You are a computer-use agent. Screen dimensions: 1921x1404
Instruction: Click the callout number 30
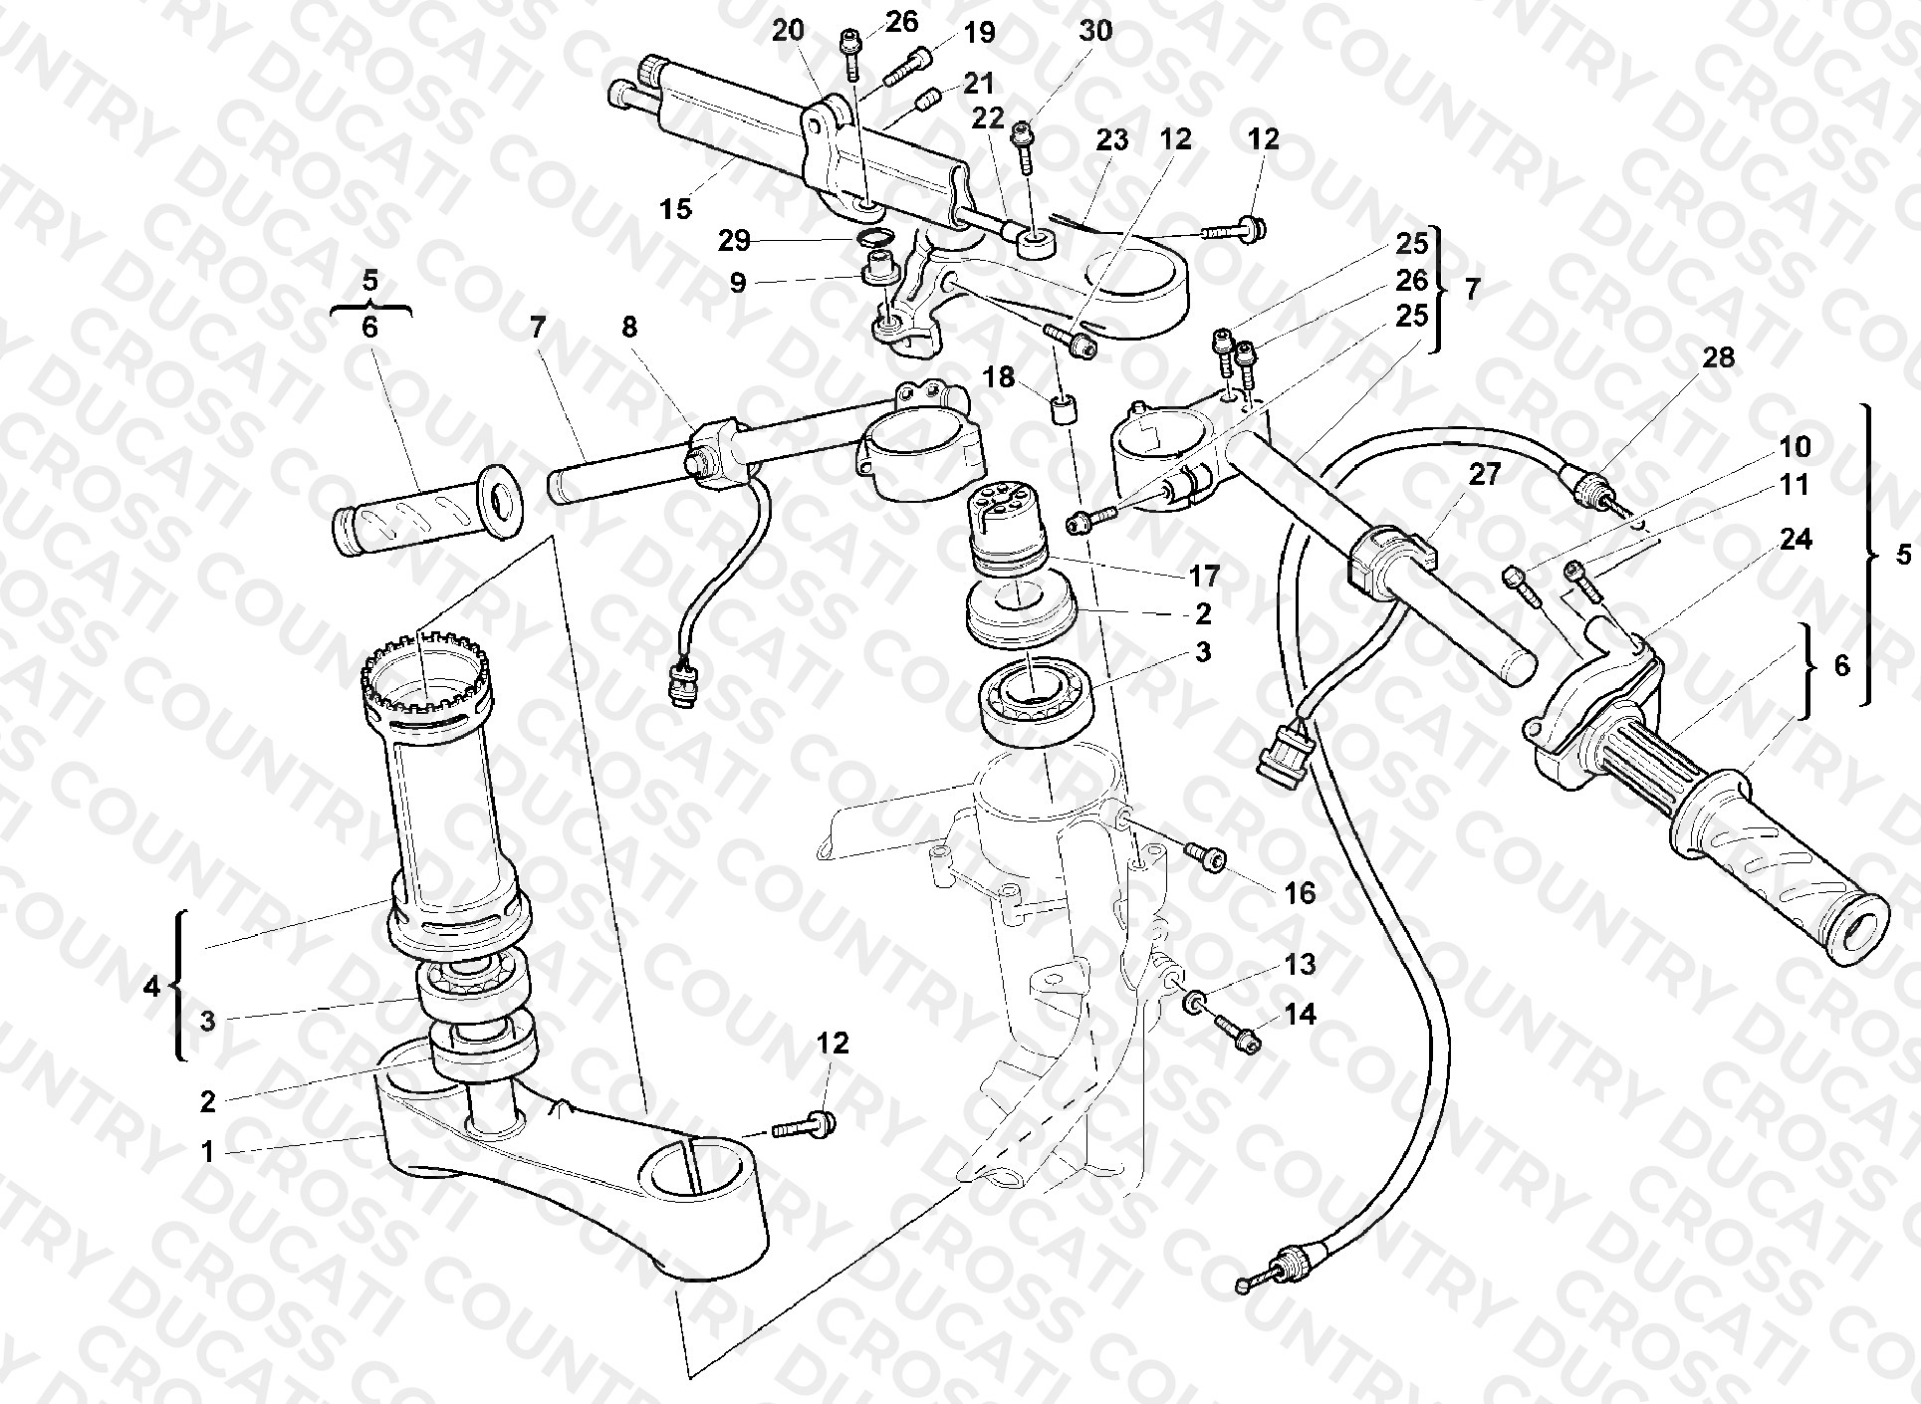point(1094,31)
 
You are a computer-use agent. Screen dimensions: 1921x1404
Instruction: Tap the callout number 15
point(675,209)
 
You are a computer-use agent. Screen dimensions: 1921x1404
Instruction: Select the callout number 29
point(735,241)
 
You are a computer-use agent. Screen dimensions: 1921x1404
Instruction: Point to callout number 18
point(999,377)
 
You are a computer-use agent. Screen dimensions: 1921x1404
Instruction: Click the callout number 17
point(1203,576)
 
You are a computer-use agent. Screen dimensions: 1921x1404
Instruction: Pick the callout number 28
point(1718,357)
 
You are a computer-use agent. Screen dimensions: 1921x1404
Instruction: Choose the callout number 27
point(1484,475)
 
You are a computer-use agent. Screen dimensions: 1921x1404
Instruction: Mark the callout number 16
point(1300,893)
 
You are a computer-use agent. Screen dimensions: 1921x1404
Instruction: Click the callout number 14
point(1300,1015)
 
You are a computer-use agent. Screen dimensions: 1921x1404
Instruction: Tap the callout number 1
point(207,1152)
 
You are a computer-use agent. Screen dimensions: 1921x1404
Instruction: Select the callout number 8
point(629,327)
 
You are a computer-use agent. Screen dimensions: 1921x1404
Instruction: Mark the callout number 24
point(1797,540)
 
